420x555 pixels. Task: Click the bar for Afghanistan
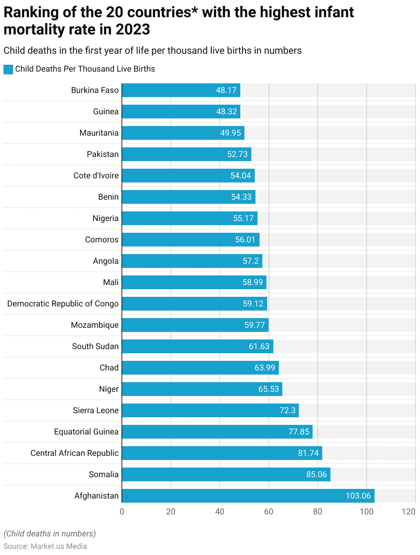click(x=248, y=496)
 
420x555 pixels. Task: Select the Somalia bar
click(x=226, y=474)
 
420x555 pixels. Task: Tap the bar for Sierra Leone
click(x=210, y=410)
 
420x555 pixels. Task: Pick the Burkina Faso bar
click(x=181, y=90)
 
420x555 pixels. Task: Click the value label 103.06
click(x=358, y=496)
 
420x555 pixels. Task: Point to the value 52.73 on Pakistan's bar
click(x=237, y=154)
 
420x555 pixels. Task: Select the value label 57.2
click(x=251, y=261)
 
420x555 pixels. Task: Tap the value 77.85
click(x=298, y=432)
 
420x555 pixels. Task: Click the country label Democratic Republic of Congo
click(x=63, y=304)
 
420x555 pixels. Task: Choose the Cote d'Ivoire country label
click(x=96, y=176)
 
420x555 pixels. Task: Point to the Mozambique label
click(x=95, y=325)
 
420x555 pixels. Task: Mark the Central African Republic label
click(x=74, y=453)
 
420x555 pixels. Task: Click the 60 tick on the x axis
click(x=269, y=512)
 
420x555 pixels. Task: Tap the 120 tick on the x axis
click(x=409, y=512)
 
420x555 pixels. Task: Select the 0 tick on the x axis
click(x=122, y=512)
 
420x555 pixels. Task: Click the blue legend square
click(x=8, y=69)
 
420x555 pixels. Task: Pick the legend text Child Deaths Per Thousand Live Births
click(x=85, y=69)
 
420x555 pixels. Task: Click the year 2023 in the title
click(x=133, y=30)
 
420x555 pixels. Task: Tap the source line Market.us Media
click(x=45, y=546)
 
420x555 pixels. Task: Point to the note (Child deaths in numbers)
click(x=50, y=534)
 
